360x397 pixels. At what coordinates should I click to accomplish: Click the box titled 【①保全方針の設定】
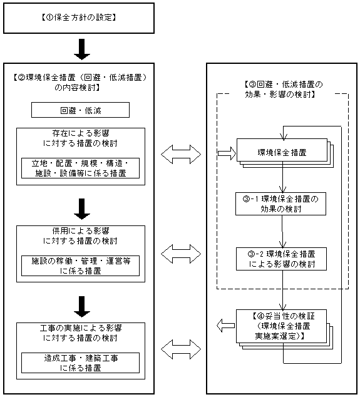point(79,18)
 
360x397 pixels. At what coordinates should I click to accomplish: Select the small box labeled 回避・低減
point(80,110)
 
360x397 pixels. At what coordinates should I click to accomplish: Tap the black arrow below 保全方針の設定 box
point(82,49)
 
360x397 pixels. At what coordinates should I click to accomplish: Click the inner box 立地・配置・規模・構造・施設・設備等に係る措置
point(80,168)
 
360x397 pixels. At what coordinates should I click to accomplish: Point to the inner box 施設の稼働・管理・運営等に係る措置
point(80,266)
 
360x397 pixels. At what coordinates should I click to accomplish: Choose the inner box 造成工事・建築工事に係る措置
point(80,363)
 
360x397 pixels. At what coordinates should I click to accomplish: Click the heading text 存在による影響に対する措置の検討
point(80,138)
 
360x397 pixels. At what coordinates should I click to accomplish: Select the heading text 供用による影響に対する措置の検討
point(80,235)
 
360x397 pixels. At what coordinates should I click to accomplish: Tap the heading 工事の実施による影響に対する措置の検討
point(80,333)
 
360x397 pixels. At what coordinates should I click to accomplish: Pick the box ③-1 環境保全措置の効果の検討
point(280,204)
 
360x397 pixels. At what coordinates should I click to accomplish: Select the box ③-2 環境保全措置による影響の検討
point(281,259)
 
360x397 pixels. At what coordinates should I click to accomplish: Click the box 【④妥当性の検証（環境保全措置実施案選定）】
point(281,326)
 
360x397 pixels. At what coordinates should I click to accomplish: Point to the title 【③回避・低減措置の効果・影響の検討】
point(284,89)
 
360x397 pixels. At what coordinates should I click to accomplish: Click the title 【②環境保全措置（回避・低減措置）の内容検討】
point(80,82)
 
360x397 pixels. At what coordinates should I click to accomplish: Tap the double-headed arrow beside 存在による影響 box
point(181,154)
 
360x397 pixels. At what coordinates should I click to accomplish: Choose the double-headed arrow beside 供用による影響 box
point(181,254)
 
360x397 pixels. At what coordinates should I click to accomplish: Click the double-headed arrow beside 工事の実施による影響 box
point(181,349)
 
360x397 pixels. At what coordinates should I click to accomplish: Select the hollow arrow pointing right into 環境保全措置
point(227,153)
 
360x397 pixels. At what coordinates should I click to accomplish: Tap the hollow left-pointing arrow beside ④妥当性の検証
point(225,326)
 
